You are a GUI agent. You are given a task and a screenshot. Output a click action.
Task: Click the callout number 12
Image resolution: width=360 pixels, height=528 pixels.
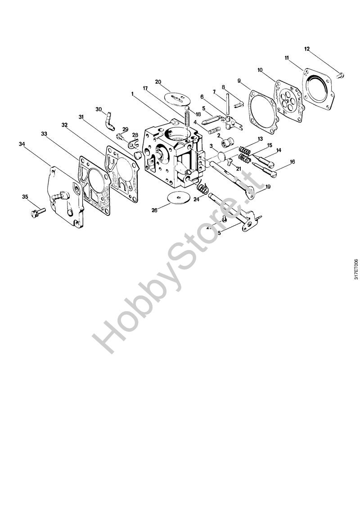307,49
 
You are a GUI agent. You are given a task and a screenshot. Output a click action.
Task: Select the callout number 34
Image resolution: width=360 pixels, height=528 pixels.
22,144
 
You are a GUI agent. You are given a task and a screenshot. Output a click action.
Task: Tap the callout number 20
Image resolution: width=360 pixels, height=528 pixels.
158,82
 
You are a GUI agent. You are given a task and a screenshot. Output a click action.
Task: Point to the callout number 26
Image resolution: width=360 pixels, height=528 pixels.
155,210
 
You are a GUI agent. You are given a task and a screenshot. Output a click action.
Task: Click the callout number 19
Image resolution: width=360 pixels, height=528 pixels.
268,186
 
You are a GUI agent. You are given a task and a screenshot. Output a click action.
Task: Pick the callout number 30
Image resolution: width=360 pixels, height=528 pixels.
99,109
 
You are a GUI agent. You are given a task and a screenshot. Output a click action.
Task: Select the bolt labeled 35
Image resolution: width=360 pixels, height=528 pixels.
37,210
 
